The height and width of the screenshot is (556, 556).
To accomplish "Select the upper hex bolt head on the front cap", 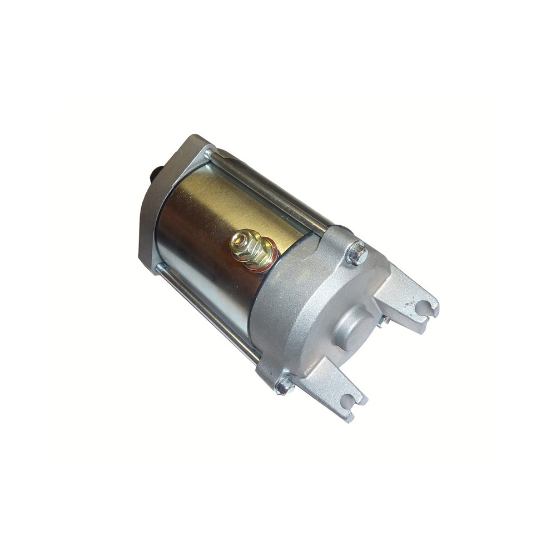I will click(357, 254).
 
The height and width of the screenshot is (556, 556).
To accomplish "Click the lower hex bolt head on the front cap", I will click(285, 385).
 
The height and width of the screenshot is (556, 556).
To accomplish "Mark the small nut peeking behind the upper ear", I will click(383, 321).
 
